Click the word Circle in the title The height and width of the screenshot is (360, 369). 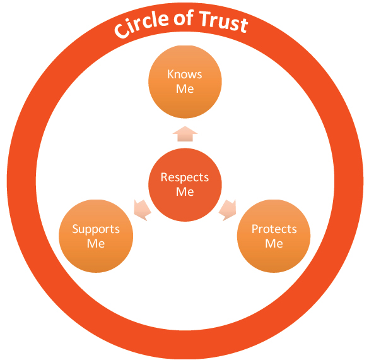click(x=141, y=25)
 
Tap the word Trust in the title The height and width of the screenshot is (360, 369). click(x=223, y=21)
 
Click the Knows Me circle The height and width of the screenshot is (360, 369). click(x=185, y=81)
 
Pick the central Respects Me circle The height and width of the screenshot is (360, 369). click(x=185, y=184)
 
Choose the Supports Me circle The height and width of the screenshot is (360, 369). click(x=96, y=236)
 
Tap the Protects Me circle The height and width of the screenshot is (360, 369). click(x=274, y=236)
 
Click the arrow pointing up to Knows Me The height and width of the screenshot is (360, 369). click(x=185, y=134)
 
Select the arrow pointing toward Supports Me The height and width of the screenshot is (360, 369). click(x=142, y=210)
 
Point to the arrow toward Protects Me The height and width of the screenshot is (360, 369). click(x=228, y=210)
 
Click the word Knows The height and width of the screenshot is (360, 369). click(x=185, y=75)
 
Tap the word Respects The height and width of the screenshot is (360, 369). click(x=185, y=177)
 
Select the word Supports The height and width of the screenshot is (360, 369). click(x=96, y=229)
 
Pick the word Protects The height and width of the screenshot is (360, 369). click(x=274, y=229)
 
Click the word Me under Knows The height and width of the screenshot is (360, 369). click(x=185, y=89)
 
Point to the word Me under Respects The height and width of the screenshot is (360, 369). click(x=185, y=192)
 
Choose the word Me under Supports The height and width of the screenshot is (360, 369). click(x=96, y=243)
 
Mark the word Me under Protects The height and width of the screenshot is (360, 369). click(x=274, y=243)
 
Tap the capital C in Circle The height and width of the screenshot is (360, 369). click(x=122, y=31)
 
